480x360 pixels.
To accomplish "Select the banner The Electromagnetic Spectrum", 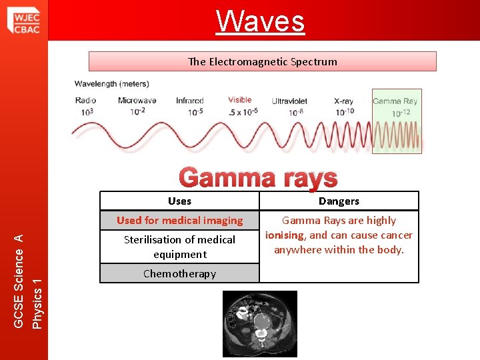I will click(x=263, y=61).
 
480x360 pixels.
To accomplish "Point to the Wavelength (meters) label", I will click(x=111, y=84).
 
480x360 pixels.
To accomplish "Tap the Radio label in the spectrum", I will click(x=85, y=101).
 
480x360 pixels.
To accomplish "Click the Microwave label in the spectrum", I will click(x=137, y=101).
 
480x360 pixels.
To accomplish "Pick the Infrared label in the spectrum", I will click(x=190, y=101).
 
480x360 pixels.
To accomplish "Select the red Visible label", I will click(x=239, y=100).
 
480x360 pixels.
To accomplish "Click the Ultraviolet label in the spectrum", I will click(x=294, y=101).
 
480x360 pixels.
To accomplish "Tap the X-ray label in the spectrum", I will click(x=343, y=101).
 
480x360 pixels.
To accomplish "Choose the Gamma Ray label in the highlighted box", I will click(x=395, y=101).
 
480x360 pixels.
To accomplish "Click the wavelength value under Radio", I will click(x=87, y=111).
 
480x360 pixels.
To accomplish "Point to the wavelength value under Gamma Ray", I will click(x=401, y=113).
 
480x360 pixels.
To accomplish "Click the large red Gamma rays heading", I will click(x=259, y=179).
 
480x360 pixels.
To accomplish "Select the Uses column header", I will click(x=179, y=201).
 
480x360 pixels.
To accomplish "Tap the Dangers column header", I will click(x=339, y=201).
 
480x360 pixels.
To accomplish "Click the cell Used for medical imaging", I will click(x=179, y=220).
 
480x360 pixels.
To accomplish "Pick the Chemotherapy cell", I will click(x=179, y=273).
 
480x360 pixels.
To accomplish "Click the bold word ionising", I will click(x=285, y=235).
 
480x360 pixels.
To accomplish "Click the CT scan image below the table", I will click(x=259, y=323).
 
